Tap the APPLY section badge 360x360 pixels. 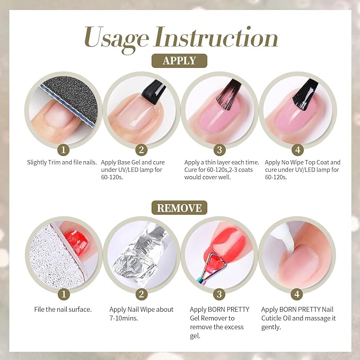tap(179, 60)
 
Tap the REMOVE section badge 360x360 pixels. tap(179, 207)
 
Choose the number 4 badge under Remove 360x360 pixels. tap(296, 294)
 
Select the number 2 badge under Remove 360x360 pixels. tap(141, 294)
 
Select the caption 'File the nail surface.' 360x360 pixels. tap(59, 309)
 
